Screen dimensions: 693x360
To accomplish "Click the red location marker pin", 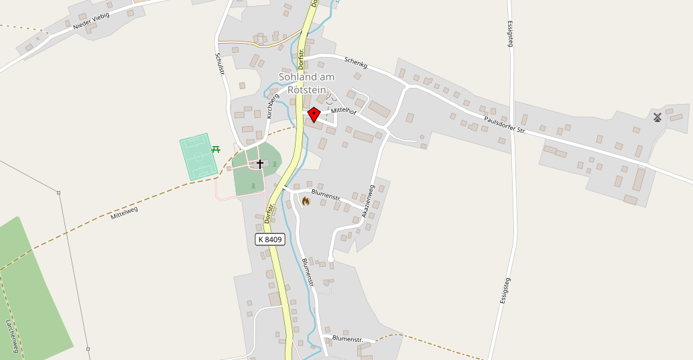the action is pyautogui.click(x=314, y=115).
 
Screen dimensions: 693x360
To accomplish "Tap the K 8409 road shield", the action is pyautogui.click(x=271, y=239).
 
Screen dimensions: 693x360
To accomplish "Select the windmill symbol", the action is pyautogui.click(x=657, y=117).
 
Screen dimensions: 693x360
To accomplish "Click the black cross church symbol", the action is pyautogui.click(x=260, y=164).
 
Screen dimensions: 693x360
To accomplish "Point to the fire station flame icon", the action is pyautogui.click(x=306, y=201).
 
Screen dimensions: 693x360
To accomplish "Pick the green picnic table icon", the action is pyautogui.click(x=216, y=149).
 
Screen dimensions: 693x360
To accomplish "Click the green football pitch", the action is pyautogui.click(x=199, y=158).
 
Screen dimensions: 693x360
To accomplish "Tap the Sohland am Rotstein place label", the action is pyautogui.click(x=306, y=83).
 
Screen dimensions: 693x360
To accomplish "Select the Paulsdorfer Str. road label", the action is pyautogui.click(x=505, y=125).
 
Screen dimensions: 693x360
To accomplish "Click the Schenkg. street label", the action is pyautogui.click(x=357, y=63).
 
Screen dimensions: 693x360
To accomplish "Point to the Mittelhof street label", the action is pyautogui.click(x=342, y=111).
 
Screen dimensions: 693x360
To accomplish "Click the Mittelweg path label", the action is pyautogui.click(x=124, y=213).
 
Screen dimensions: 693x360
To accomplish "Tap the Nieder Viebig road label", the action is pyautogui.click(x=91, y=21).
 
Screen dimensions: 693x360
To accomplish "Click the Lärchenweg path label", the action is pyautogui.click(x=11, y=335).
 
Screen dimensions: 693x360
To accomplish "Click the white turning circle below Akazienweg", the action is pyautogui.click(x=330, y=259).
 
